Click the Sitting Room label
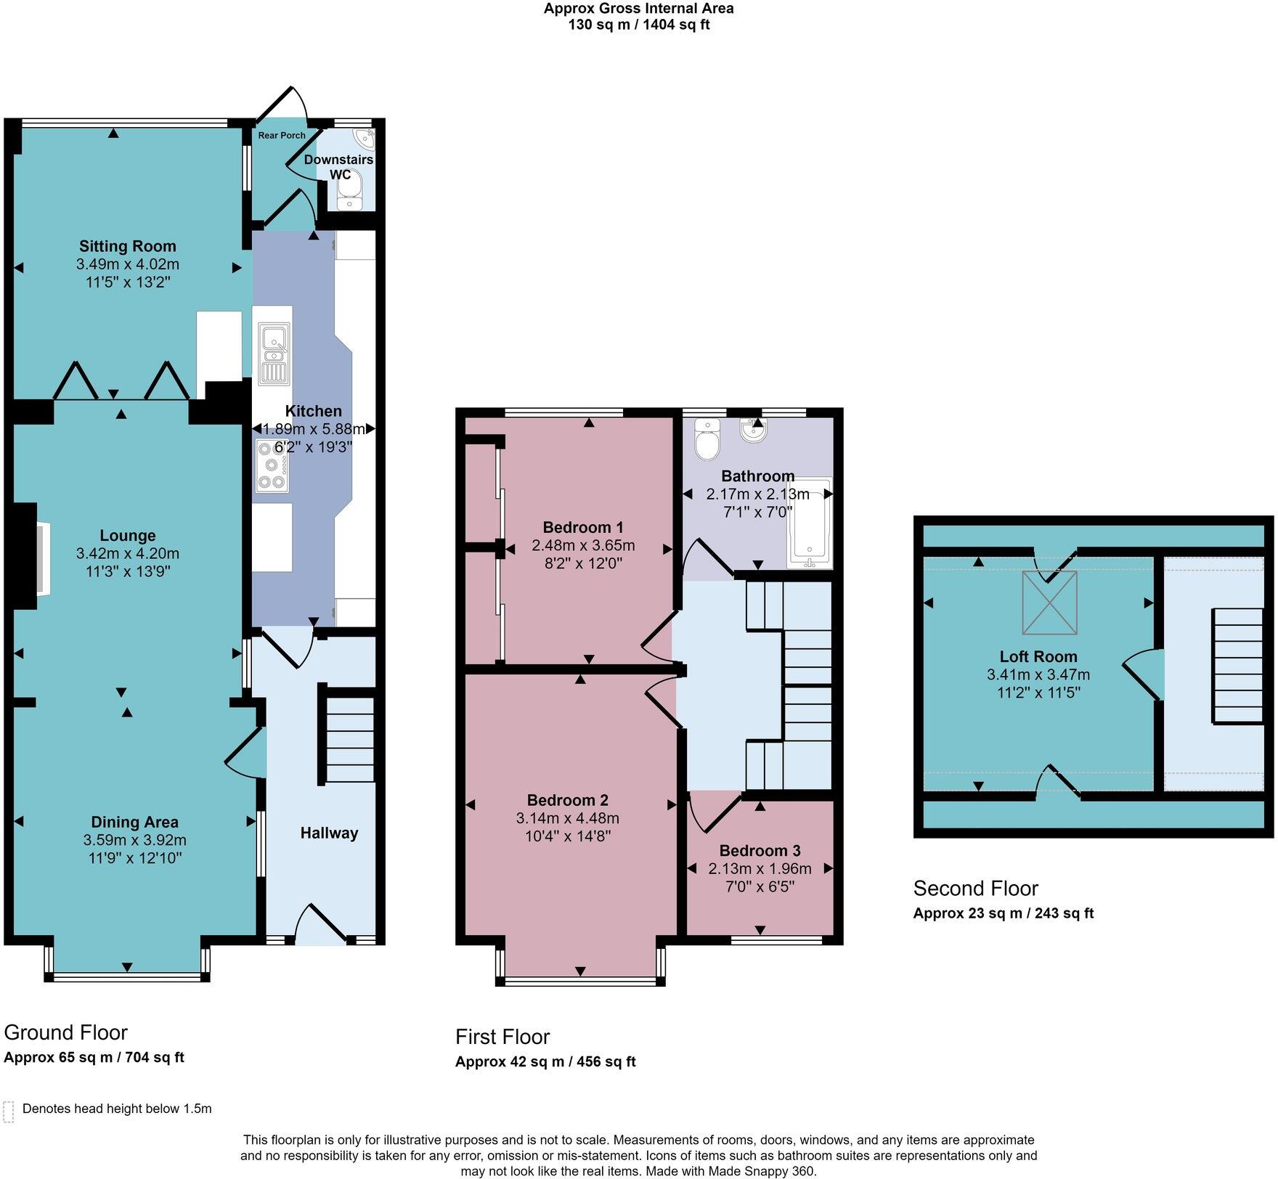(x=127, y=246)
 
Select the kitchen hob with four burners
(x=272, y=465)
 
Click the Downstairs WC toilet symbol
(x=349, y=190)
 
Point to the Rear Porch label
(x=282, y=135)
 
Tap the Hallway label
(x=329, y=833)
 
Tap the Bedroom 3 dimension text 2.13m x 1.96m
(x=760, y=868)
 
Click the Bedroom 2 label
(x=567, y=800)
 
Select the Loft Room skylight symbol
(x=1049, y=603)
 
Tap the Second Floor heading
(x=975, y=888)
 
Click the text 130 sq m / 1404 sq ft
(x=638, y=25)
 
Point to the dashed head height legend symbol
(x=9, y=1111)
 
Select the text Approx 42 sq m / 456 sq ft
(x=545, y=1061)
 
